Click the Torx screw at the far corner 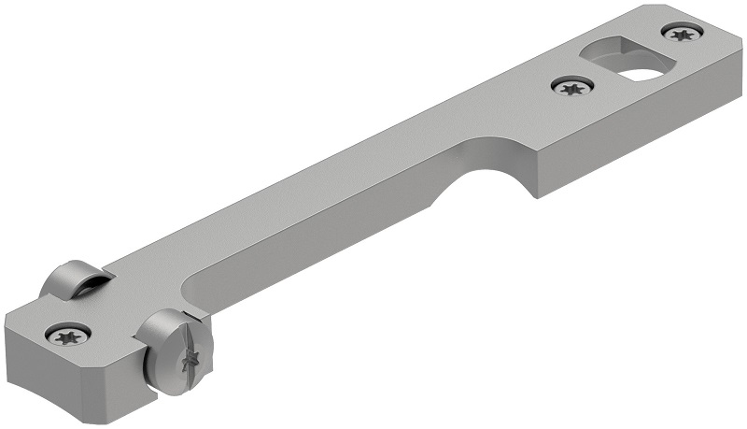[x=683, y=34]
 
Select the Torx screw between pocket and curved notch [x=571, y=87]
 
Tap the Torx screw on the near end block [x=68, y=334]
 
